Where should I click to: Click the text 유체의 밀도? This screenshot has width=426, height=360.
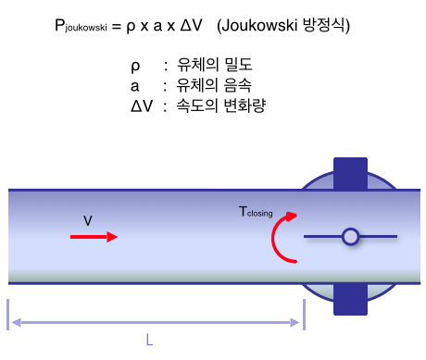214,66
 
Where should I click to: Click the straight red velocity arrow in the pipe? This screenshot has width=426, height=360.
94,237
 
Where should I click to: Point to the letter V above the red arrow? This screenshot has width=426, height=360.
88,220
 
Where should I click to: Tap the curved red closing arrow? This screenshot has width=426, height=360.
280,238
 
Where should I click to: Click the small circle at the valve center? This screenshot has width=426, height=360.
350,237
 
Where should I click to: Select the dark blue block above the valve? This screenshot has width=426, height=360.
350,173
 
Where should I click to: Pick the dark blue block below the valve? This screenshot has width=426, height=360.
350,299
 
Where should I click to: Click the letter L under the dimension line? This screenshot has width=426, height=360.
149,340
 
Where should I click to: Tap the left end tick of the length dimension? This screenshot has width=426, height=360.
8,314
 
